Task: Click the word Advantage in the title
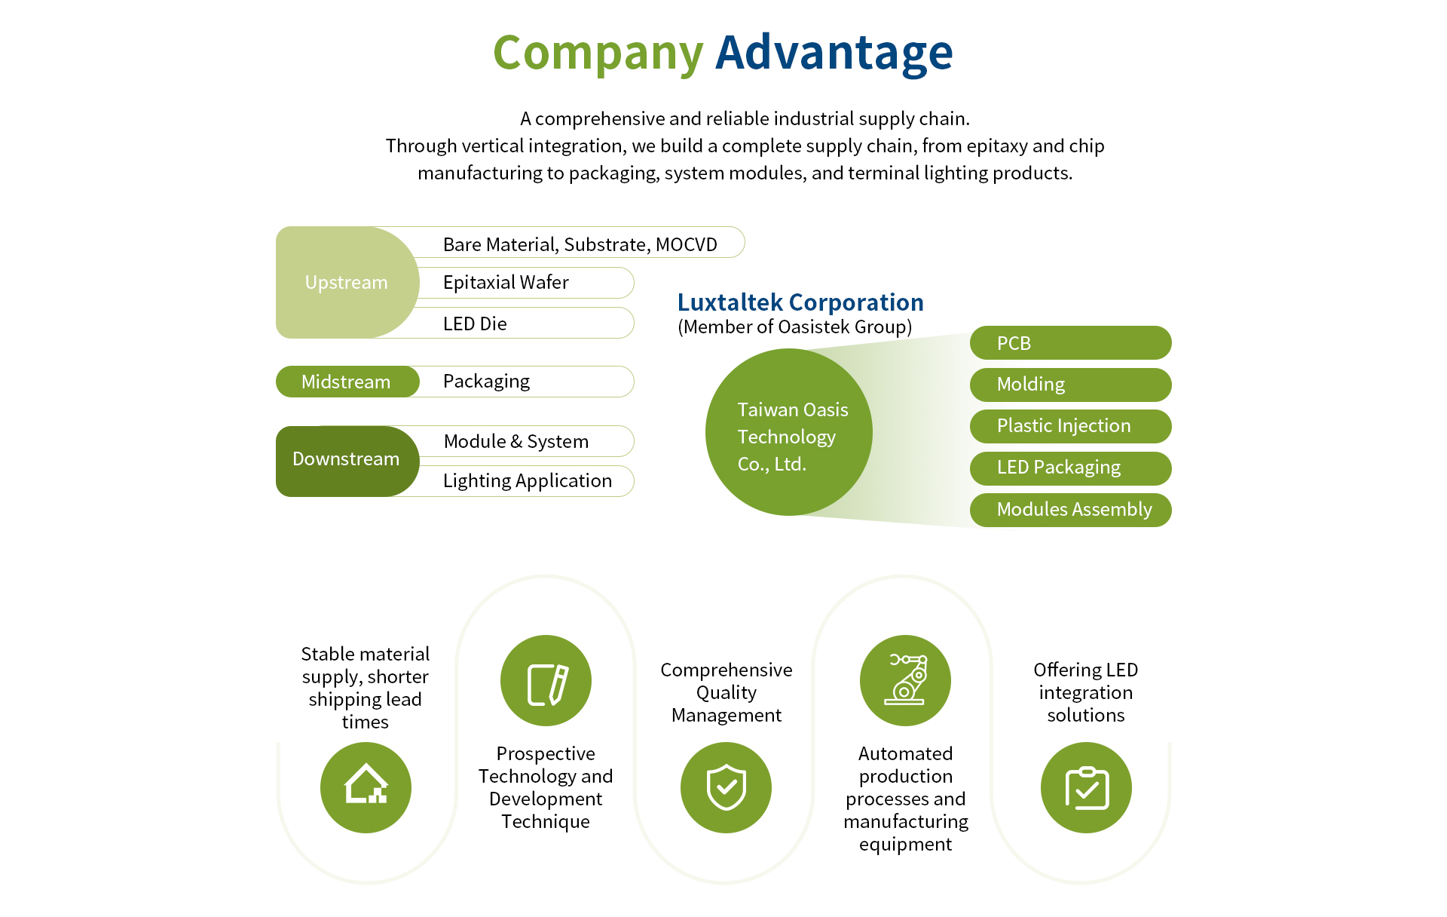tap(834, 53)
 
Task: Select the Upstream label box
tap(347, 282)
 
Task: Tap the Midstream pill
tap(347, 382)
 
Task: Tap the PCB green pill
tap(1070, 343)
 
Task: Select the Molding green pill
tap(1070, 385)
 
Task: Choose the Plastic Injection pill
tap(1070, 426)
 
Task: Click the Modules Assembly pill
tap(1070, 510)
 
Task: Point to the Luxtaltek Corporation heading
tap(800, 302)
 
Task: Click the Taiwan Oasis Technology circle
tap(789, 432)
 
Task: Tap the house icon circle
tap(366, 787)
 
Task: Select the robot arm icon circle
tap(905, 680)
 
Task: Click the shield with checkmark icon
tap(726, 787)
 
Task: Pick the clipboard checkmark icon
tap(1086, 787)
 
